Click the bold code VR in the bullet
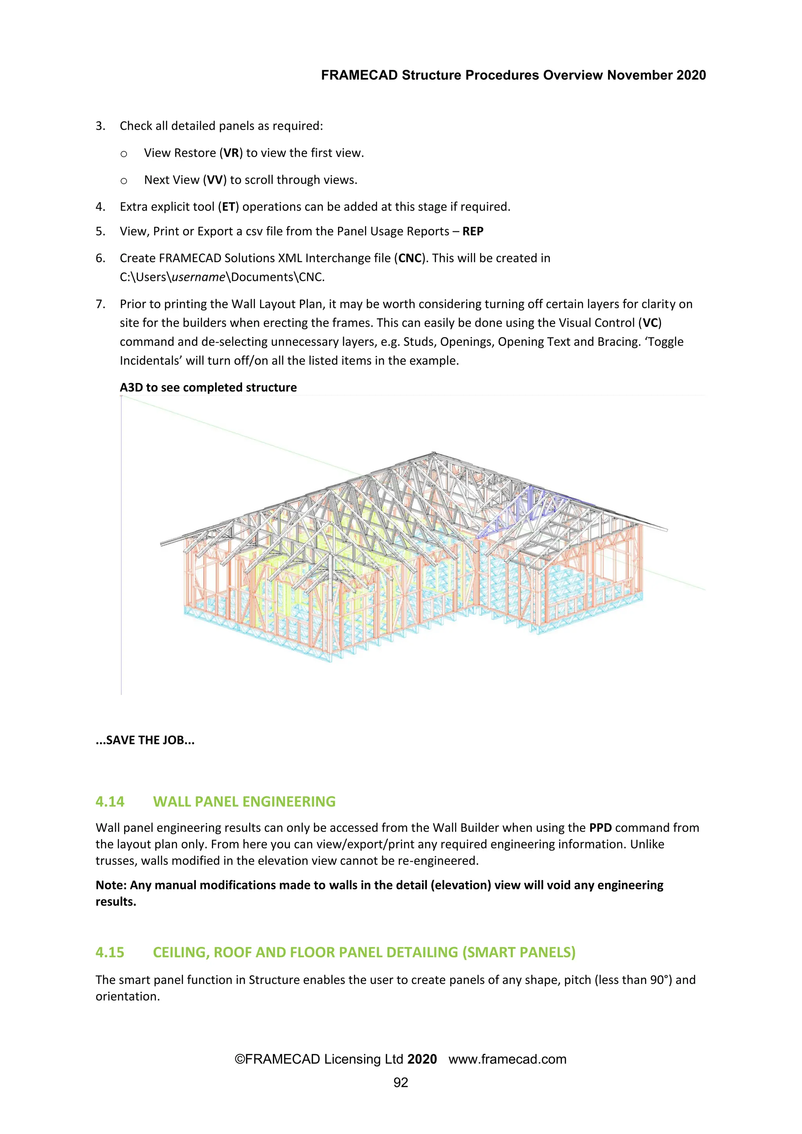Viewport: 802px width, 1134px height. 231,153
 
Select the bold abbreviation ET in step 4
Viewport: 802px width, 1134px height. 228,207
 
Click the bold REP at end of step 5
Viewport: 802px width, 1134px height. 473,232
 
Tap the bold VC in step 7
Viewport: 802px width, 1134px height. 650,323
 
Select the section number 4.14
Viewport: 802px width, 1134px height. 110,801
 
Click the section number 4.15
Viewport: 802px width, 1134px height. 110,952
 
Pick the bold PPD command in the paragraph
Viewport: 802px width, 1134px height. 600,828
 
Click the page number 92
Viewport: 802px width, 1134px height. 401,1083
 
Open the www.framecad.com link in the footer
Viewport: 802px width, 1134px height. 507,1059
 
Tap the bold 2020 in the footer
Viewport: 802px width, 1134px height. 422,1059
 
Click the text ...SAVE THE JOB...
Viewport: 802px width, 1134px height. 145,740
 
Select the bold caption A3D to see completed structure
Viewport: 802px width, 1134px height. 208,388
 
